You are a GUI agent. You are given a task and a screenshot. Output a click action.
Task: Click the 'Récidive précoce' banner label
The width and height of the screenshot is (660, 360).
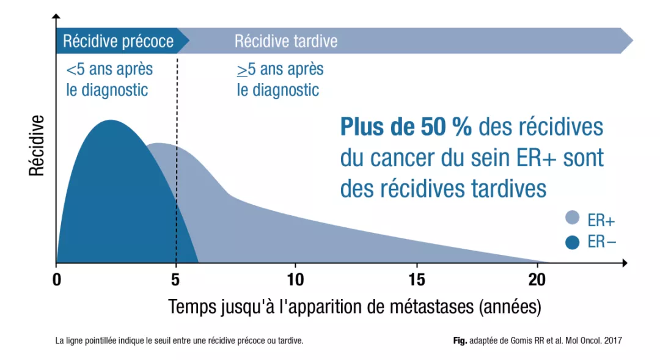tap(119, 42)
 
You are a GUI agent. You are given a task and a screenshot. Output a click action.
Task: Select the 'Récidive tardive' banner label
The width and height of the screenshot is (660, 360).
tap(285, 42)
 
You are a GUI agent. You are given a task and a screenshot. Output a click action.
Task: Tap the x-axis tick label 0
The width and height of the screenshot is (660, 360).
tap(56, 280)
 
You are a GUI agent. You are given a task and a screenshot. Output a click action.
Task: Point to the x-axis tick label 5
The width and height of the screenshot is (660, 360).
tap(176, 280)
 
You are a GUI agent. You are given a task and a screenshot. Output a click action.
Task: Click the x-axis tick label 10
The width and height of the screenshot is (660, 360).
tap(295, 280)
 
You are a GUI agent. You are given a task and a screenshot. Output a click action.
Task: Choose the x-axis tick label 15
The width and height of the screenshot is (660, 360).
tap(416, 280)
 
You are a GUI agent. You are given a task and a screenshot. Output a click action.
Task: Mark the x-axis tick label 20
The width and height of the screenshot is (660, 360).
tap(536, 280)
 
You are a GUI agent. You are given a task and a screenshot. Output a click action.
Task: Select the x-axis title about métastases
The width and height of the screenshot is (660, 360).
tap(354, 306)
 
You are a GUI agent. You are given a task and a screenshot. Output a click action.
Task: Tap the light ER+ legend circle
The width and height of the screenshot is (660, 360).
tap(573, 218)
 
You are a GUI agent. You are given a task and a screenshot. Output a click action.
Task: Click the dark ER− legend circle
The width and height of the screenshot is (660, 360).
tap(573, 243)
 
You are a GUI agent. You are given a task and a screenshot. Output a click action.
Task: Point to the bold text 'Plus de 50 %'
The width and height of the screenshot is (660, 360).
tap(406, 127)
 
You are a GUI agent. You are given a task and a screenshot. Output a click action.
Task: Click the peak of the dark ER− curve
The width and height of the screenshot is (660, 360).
tap(111, 120)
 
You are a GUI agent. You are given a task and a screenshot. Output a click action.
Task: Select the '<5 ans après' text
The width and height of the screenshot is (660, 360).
tap(109, 69)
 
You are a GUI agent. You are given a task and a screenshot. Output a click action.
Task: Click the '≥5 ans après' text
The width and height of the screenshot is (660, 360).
tap(280, 69)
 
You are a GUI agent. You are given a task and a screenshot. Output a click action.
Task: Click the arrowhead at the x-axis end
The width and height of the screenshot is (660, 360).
tap(625, 263)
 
